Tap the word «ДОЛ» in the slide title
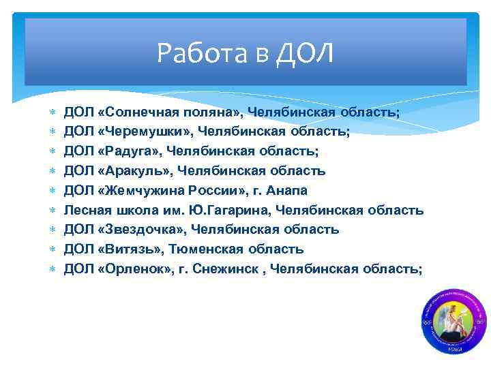306,53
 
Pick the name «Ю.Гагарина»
222,211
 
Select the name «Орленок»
134,269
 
